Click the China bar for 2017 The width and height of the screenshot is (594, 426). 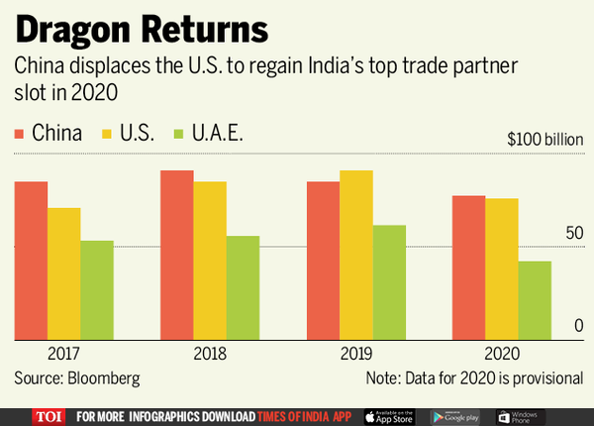tap(31, 261)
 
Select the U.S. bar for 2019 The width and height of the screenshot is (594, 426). tap(356, 255)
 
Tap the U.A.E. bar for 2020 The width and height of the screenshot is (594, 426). tap(535, 300)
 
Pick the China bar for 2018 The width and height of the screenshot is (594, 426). tap(177, 255)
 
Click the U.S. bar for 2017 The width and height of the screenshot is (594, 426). tap(63, 273)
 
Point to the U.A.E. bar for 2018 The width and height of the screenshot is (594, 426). tap(243, 287)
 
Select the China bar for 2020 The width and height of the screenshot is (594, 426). tap(469, 267)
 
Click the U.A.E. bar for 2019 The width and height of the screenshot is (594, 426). tap(389, 282)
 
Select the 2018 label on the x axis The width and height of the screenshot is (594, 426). tap(210, 354)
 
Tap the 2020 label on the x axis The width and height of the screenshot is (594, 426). tap(502, 354)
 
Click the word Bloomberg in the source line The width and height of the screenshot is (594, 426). tap(103, 378)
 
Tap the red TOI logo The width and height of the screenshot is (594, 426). tap(47, 415)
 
